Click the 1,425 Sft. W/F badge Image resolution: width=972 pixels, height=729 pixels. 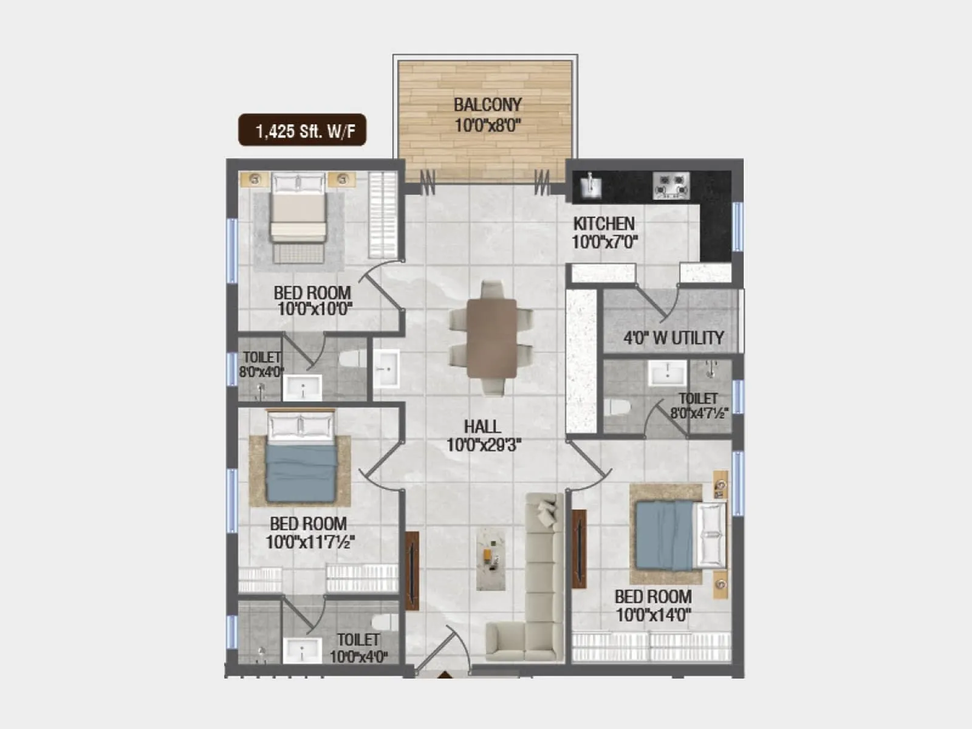(x=302, y=130)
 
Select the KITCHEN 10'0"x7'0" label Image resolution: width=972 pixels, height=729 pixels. (x=604, y=233)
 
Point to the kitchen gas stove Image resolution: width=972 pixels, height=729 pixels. (x=672, y=185)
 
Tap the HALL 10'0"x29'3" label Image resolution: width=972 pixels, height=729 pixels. (x=484, y=436)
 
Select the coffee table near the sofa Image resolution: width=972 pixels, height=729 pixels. (x=490, y=558)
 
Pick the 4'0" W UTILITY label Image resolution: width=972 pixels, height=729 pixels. (x=673, y=338)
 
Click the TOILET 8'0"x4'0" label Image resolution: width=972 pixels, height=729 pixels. (x=261, y=364)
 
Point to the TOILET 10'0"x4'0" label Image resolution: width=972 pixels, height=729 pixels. (x=358, y=648)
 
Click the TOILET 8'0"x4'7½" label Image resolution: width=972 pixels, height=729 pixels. (x=699, y=406)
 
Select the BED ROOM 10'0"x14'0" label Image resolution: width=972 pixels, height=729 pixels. (x=653, y=606)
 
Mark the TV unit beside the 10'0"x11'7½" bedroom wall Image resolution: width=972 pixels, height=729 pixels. (x=412, y=570)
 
